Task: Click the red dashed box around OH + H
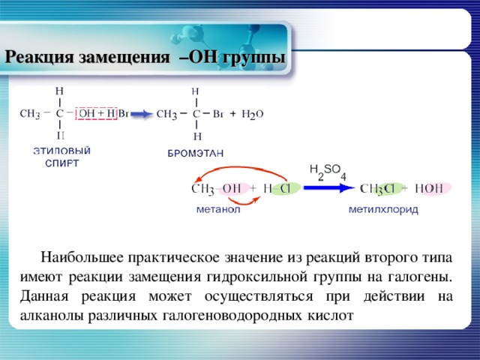[x=97, y=113]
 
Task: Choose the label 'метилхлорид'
[x=383, y=210]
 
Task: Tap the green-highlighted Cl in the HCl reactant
[x=286, y=189]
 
